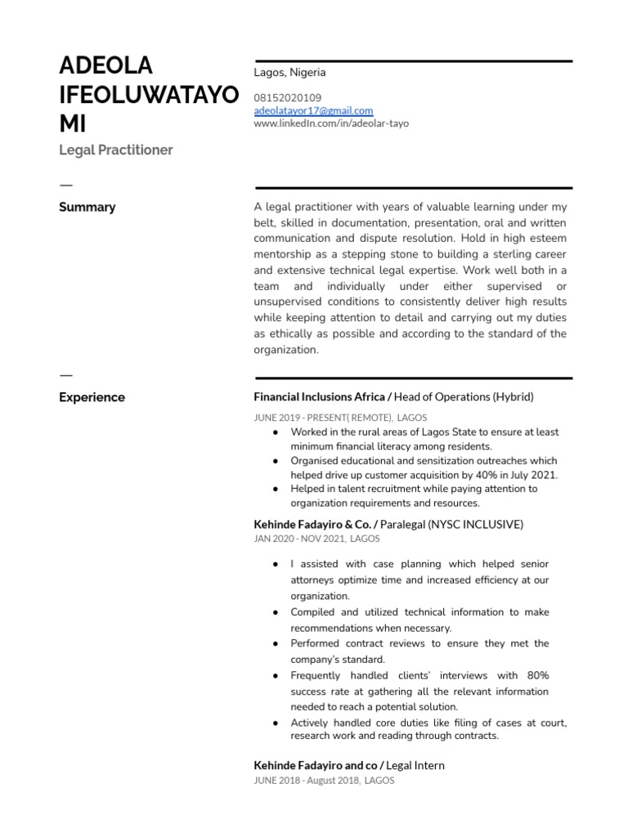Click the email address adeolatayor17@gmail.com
coord(313,110)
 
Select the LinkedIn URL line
coord(331,123)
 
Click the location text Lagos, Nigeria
coord(289,72)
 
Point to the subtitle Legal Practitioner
coord(115,150)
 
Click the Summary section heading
coord(87,207)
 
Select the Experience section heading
coord(92,397)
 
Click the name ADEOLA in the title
coord(106,66)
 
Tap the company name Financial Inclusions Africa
coord(319,397)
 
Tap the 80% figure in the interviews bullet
coord(538,675)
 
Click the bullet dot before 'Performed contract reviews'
coord(272,644)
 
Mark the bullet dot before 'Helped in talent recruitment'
coord(272,489)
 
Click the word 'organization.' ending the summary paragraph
coord(285,349)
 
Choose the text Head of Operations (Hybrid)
coord(464,397)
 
